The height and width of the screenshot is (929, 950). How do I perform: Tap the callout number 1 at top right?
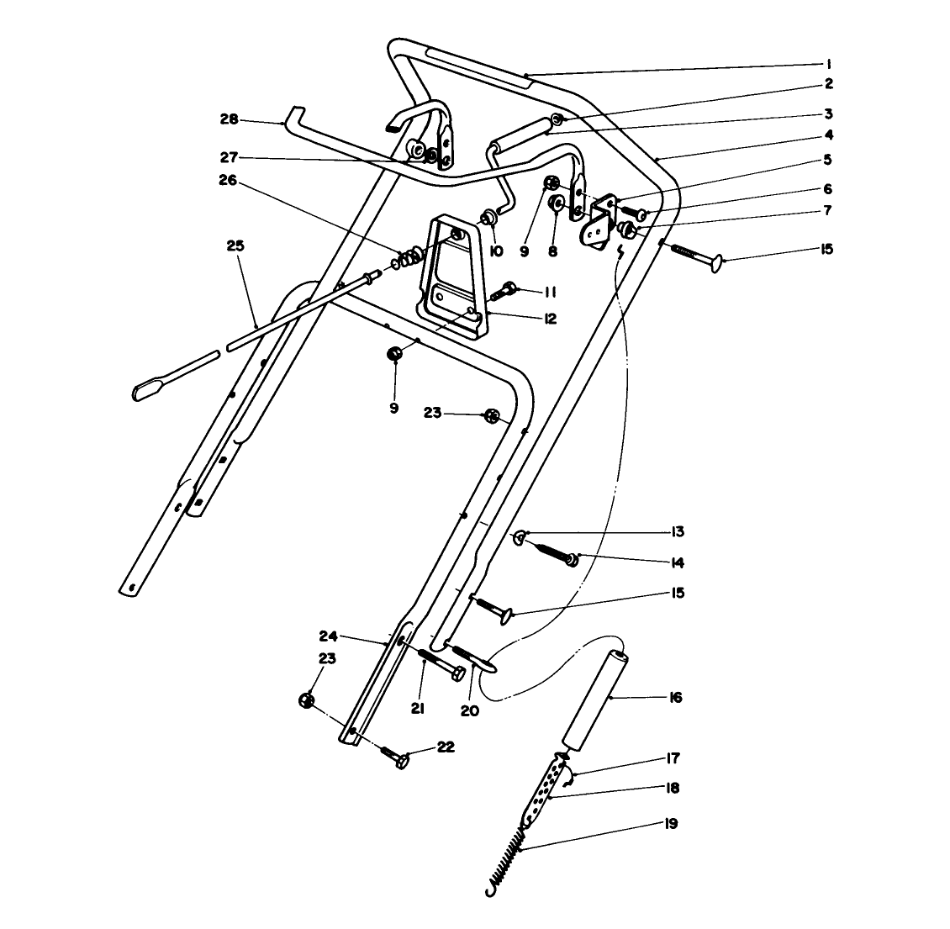click(828, 64)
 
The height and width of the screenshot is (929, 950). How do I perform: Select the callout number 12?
click(550, 319)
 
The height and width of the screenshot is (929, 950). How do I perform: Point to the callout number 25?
click(235, 246)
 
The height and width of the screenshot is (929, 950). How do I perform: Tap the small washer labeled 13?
click(520, 537)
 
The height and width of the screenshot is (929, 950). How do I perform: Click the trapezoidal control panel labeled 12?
click(458, 277)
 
